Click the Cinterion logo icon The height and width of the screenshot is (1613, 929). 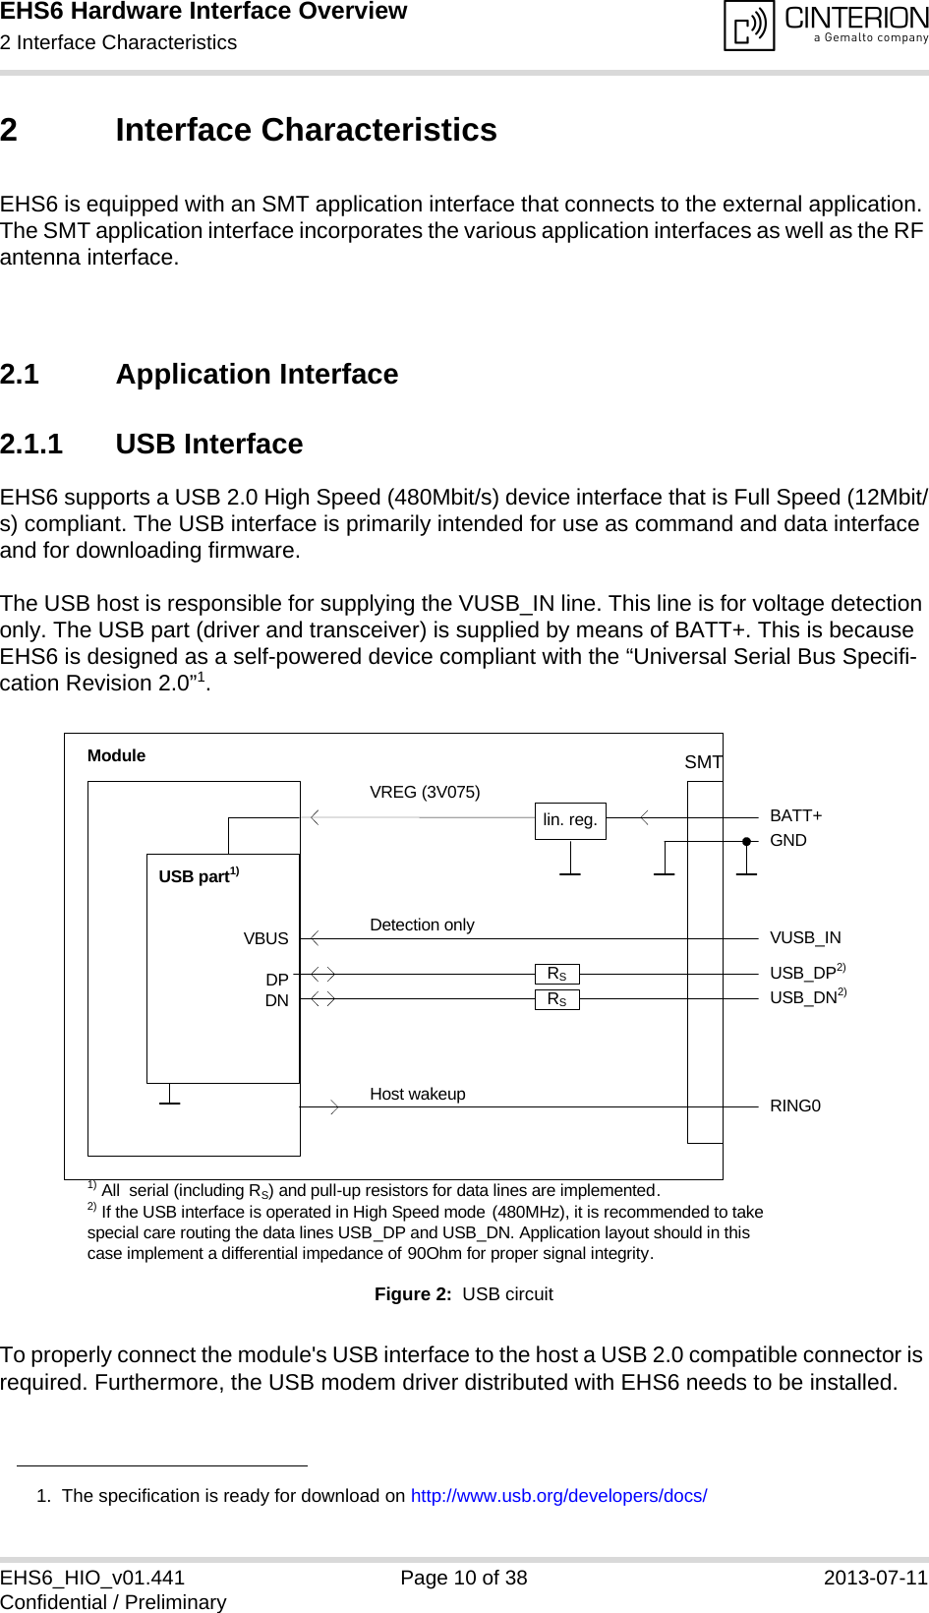point(750,26)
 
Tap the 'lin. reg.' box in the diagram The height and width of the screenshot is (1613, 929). point(570,820)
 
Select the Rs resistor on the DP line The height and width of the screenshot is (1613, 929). point(557,974)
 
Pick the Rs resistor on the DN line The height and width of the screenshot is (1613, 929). point(557,999)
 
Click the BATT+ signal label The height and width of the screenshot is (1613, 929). point(795,815)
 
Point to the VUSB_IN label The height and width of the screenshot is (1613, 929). point(805,937)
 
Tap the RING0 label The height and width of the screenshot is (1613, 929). point(794,1105)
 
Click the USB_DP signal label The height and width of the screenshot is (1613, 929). point(803,973)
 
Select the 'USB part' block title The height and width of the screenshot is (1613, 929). point(195,876)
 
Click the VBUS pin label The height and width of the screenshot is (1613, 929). point(265,938)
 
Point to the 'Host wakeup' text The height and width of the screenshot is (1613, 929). point(417,1094)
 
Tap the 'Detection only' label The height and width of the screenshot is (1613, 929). point(422,925)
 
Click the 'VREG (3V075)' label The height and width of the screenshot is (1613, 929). point(425,792)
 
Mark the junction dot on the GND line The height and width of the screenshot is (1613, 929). point(747,842)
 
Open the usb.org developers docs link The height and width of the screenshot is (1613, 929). point(558,1495)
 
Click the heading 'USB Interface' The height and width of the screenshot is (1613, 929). point(208,444)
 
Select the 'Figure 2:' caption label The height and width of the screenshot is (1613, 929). point(413,1293)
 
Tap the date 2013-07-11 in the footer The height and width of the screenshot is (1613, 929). point(875,1578)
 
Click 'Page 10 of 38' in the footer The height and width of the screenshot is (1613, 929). point(464,1578)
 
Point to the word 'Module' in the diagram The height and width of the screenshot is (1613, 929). point(116,755)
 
